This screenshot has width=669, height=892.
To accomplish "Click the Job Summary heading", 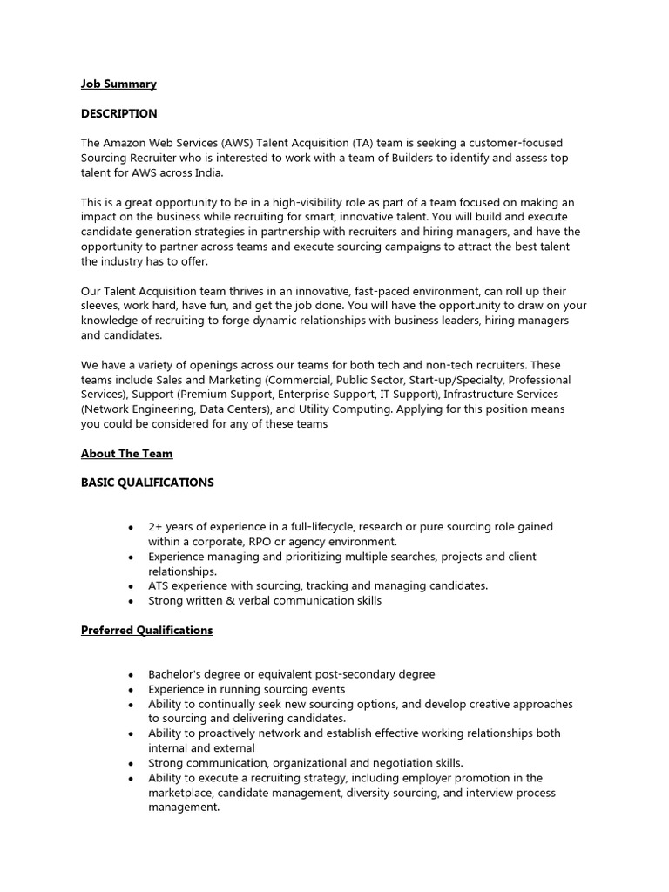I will point(118,84).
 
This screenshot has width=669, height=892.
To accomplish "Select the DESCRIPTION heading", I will point(119,114).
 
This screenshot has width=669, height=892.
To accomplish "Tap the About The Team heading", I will point(127,454).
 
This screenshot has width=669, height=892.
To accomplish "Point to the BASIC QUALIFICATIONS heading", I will point(147,483).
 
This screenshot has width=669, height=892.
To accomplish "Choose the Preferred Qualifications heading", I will point(146,630).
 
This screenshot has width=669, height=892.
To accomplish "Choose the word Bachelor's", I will point(178,674).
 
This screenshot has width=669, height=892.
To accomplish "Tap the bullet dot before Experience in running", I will point(130,690).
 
